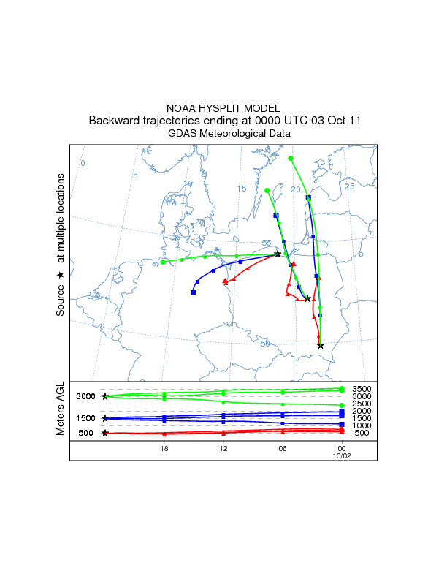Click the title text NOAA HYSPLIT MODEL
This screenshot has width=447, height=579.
[223, 107]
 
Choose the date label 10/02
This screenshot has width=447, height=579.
[342, 455]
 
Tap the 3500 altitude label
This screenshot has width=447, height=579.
[362, 389]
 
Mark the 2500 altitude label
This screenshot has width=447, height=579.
[362, 404]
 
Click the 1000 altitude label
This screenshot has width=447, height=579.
[362, 425]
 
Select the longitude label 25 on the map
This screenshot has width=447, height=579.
[349, 186]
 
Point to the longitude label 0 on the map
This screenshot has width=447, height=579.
[83, 163]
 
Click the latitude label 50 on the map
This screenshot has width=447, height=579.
[265, 344]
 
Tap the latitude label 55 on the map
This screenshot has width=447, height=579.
[267, 243]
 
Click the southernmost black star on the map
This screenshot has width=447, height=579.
[321, 346]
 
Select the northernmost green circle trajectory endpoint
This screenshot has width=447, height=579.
[291, 158]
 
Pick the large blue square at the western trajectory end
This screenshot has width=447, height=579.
[194, 292]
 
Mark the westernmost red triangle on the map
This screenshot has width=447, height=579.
[225, 281]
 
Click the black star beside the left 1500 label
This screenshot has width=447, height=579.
[105, 419]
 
